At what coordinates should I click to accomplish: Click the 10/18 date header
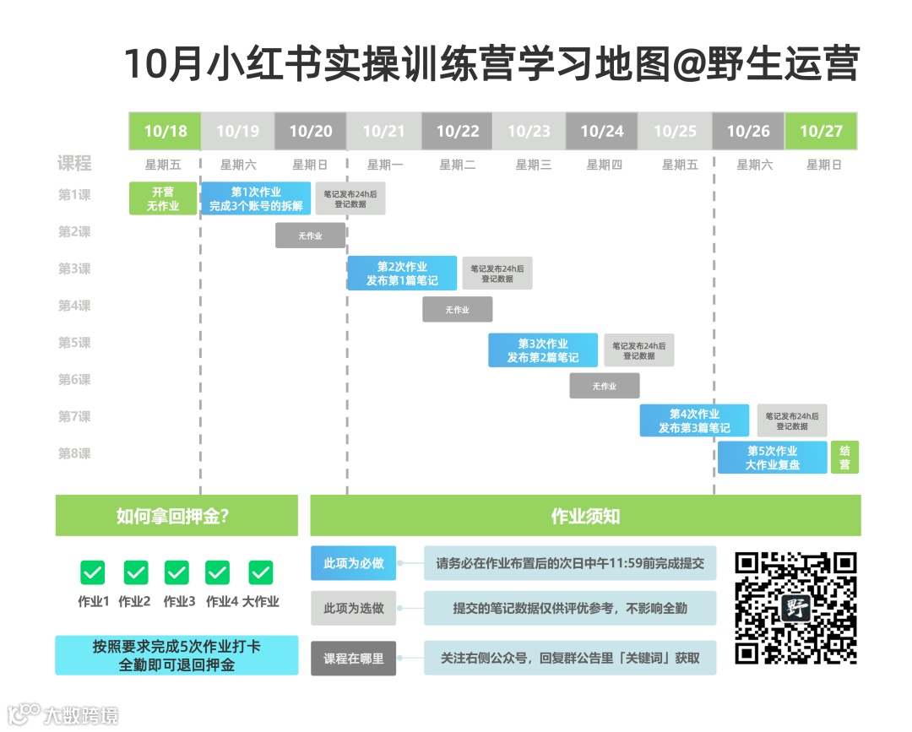point(165,131)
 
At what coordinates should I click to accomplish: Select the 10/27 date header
point(821,131)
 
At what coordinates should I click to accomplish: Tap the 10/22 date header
point(457,131)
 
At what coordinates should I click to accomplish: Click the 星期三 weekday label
point(534,165)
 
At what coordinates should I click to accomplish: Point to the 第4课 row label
point(74,306)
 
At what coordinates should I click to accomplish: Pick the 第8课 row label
point(74,453)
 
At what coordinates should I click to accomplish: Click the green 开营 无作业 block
point(163,198)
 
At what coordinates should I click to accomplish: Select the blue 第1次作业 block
point(256,198)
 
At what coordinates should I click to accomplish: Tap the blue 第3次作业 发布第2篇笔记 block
point(543,350)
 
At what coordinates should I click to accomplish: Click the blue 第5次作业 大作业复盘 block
point(772,458)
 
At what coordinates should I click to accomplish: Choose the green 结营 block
point(844,458)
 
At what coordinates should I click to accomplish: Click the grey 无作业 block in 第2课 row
point(310,236)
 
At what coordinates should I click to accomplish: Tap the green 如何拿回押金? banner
point(176,516)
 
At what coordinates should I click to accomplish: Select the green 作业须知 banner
point(585,516)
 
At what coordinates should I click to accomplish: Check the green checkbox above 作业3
point(176,572)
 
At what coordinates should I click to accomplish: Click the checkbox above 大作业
point(260,572)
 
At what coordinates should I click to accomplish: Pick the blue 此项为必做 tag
point(353,563)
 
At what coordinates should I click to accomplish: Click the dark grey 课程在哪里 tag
point(353,658)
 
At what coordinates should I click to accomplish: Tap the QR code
point(795,608)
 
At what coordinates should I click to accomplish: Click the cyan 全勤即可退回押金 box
point(176,655)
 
